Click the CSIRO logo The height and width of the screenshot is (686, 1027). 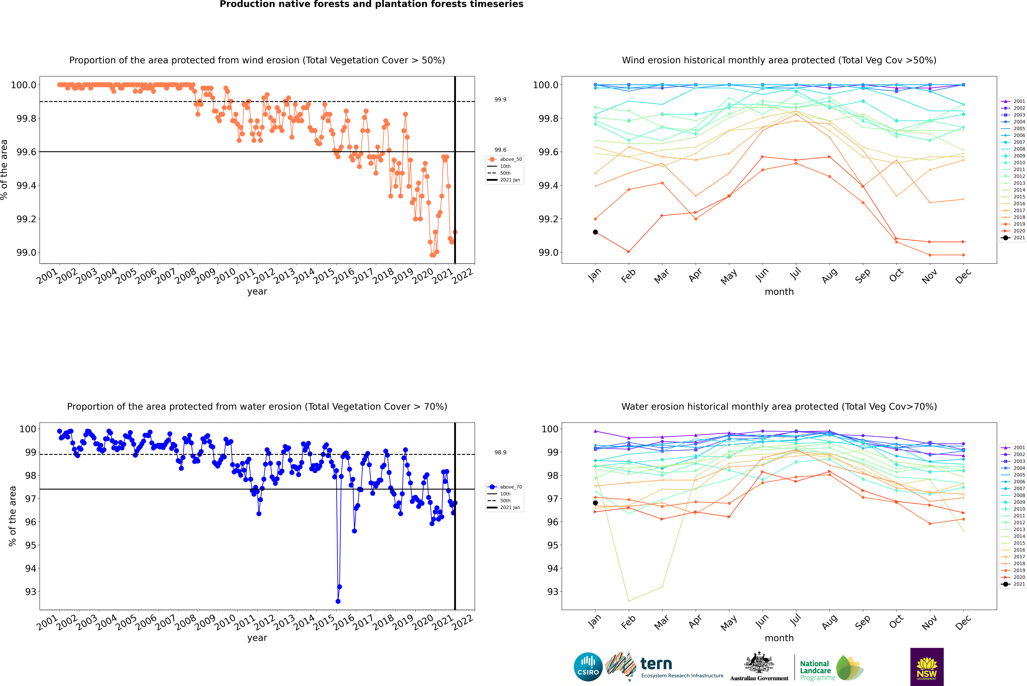coord(588,667)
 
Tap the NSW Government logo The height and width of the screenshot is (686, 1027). coord(927,667)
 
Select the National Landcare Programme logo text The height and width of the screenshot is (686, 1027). coord(815,670)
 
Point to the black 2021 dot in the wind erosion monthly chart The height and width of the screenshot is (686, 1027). coord(595,232)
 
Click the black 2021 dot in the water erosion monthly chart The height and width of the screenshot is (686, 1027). coord(595,503)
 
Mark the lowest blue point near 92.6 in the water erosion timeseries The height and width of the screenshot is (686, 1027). coord(338,601)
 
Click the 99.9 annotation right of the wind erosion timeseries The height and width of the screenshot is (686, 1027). coord(500,100)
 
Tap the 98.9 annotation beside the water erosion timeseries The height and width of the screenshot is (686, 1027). coord(500,452)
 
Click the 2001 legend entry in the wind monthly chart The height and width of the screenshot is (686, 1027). coord(1013,101)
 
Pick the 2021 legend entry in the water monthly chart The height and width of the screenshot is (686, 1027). coord(1013,584)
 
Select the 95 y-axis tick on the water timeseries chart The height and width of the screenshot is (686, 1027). coord(31,545)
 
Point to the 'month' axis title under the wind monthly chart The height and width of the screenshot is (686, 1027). coord(779,292)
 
